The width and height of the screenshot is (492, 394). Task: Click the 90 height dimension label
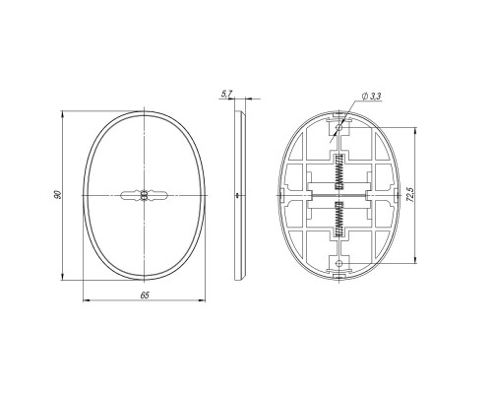57,194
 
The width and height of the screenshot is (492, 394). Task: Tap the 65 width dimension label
145,295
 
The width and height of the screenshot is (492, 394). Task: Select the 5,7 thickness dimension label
226,95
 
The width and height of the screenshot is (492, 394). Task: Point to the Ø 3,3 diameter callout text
371,97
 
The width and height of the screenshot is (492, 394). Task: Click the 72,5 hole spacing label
412,194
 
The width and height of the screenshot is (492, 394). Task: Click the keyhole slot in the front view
144,195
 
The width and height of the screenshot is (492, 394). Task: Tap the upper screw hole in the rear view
339,127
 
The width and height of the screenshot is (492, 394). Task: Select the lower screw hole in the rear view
339,263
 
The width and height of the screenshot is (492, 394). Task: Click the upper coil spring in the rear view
339,172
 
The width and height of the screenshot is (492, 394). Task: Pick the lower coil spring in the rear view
339,219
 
